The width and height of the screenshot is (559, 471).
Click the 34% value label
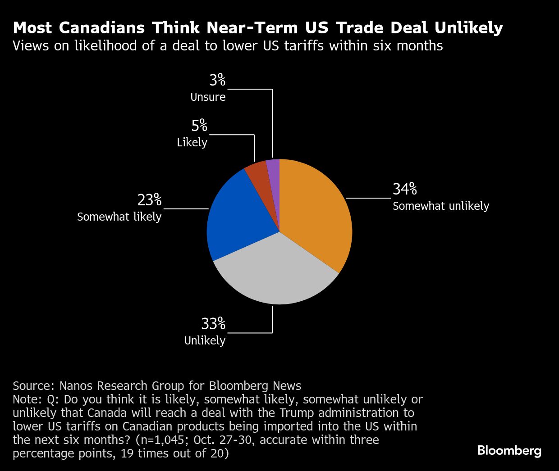pos(404,189)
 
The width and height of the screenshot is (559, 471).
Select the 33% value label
pos(213,323)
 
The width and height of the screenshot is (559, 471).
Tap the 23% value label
pos(149,200)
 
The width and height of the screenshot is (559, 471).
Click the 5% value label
pos(199,126)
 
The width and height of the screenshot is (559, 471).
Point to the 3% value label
pos(217,80)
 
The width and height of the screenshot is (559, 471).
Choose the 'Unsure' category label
pos(208,97)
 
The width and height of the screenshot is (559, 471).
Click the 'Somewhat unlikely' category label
pos(440,206)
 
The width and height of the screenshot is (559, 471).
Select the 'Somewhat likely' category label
pos(119,217)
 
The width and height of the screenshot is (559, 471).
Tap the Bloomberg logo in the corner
pos(509,450)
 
